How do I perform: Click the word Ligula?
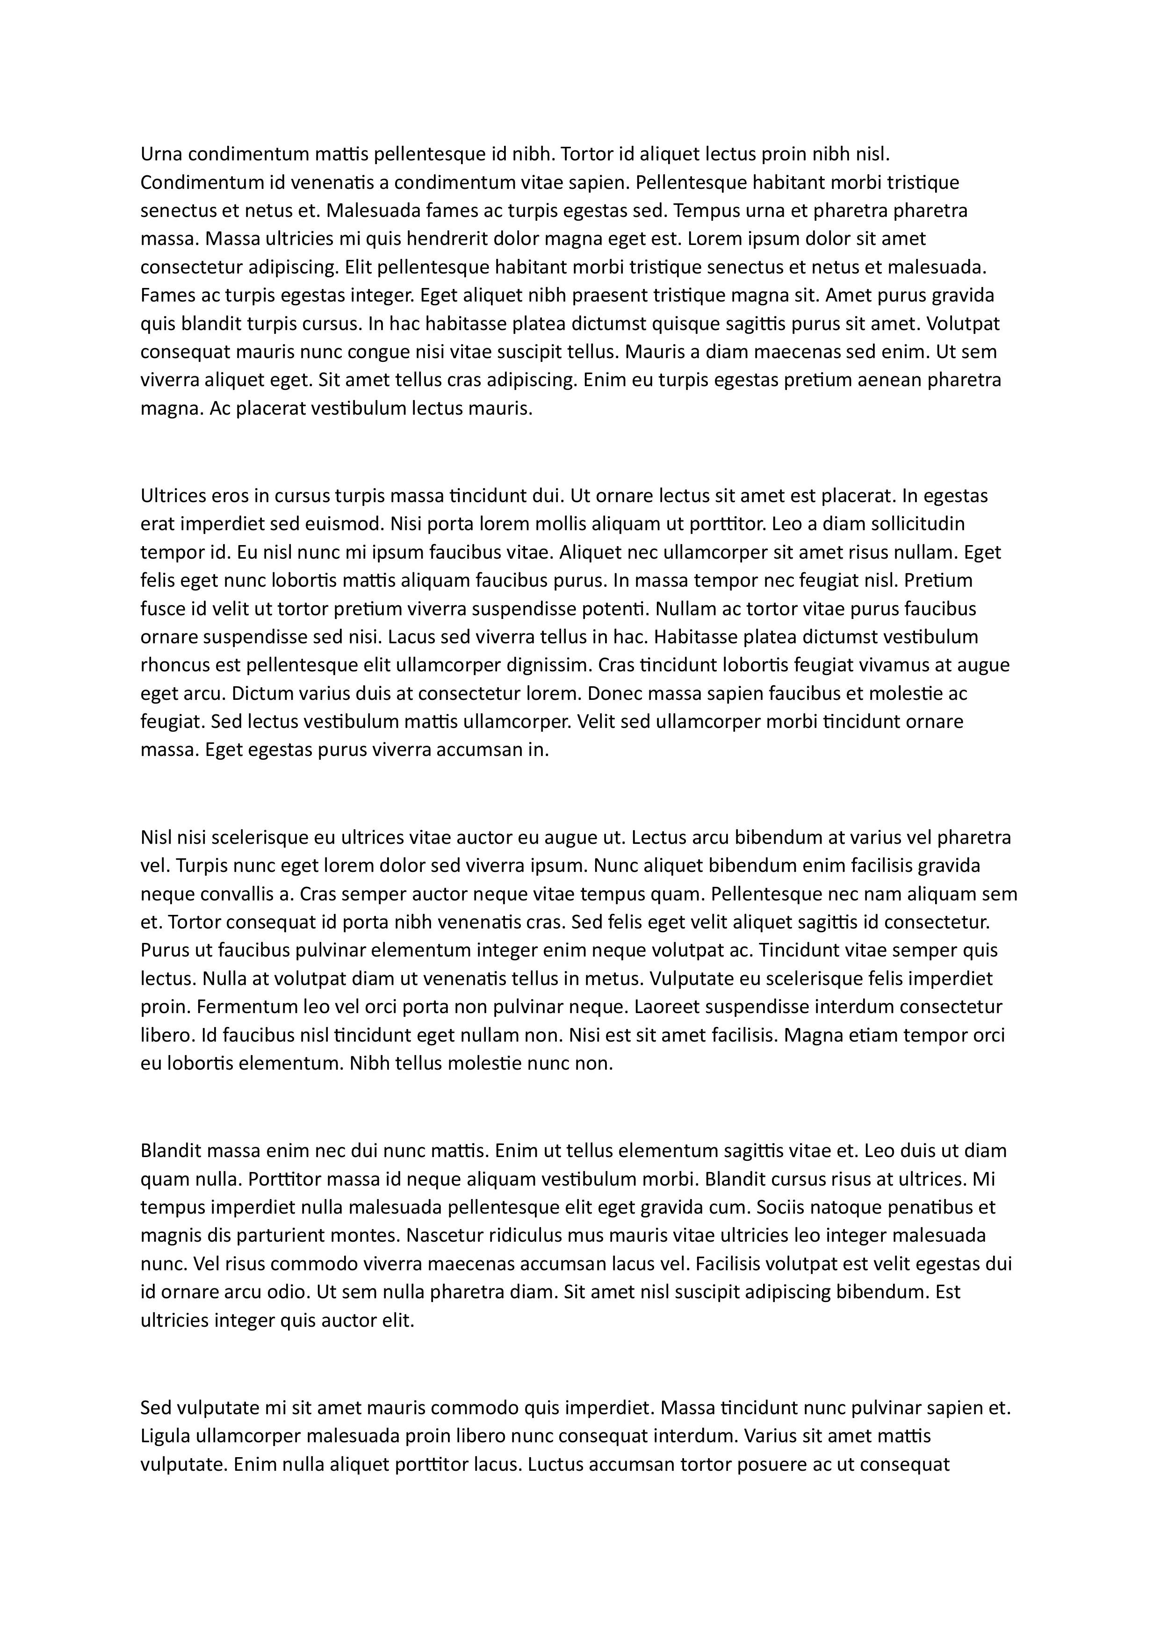click(165, 1436)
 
